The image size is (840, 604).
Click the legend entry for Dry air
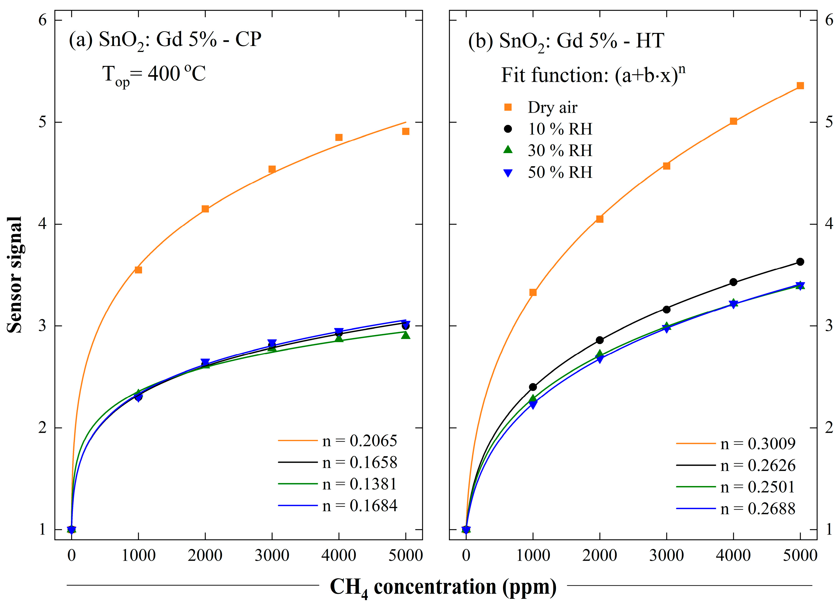[552, 107]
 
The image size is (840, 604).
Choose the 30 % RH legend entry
[559, 151]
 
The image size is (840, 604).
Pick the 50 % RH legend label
[559, 172]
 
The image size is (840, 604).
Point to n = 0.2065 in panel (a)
[359, 441]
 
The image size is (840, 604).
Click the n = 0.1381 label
[359, 484]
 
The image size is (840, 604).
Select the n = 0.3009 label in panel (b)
[757, 443]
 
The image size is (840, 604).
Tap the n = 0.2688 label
[757, 509]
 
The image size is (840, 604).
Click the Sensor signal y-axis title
[15, 275]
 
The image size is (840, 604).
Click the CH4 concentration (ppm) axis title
[443, 587]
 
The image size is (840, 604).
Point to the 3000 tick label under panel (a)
[272, 556]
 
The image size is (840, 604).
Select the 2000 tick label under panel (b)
[600, 556]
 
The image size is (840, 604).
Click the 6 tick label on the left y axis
[43, 20]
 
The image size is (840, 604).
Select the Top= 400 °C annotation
[154, 74]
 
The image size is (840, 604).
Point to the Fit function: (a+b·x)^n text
[593, 75]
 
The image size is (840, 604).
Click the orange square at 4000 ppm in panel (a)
[339, 138]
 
